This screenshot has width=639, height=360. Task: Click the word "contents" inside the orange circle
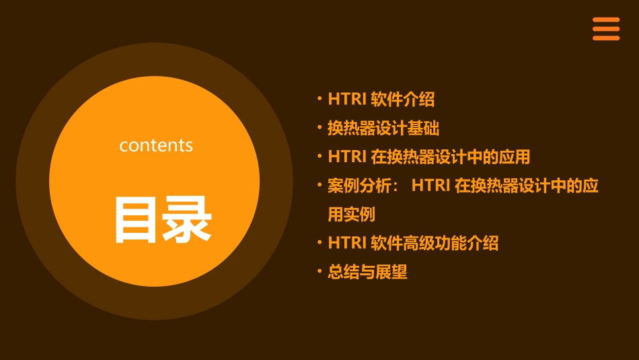point(156,145)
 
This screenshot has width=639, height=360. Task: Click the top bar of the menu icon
point(606,20)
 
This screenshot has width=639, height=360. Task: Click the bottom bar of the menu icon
point(606,38)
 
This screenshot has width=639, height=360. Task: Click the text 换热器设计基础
point(383,128)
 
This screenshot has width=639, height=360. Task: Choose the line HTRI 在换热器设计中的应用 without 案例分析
point(429,157)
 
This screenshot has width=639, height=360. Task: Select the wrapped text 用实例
point(351,215)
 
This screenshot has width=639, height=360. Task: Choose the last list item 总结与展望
point(367,272)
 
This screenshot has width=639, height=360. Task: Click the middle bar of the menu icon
point(606,29)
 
